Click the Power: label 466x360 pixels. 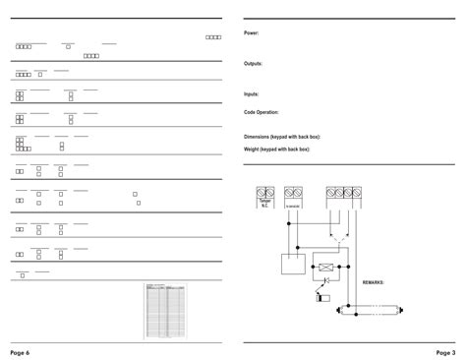pyautogui.click(x=251, y=32)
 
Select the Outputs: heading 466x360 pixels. pyautogui.click(x=253, y=63)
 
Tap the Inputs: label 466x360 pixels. pyautogui.click(x=252, y=93)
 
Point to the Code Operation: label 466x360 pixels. pyautogui.click(x=262, y=112)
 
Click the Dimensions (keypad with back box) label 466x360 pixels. pyautogui.click(x=282, y=137)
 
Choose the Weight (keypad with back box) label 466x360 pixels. pyautogui.click(x=277, y=150)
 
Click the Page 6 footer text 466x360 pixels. pyautogui.click(x=21, y=351)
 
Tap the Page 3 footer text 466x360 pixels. pyautogui.click(x=445, y=351)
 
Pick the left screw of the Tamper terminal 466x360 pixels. pyautogui.click(x=261, y=193)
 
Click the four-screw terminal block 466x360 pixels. pyautogui.click(x=344, y=194)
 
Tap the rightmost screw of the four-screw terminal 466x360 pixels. pyautogui.click(x=360, y=194)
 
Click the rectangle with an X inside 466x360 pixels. pyautogui.click(x=325, y=266)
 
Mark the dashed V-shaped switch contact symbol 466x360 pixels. pyautogui.click(x=339, y=239)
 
